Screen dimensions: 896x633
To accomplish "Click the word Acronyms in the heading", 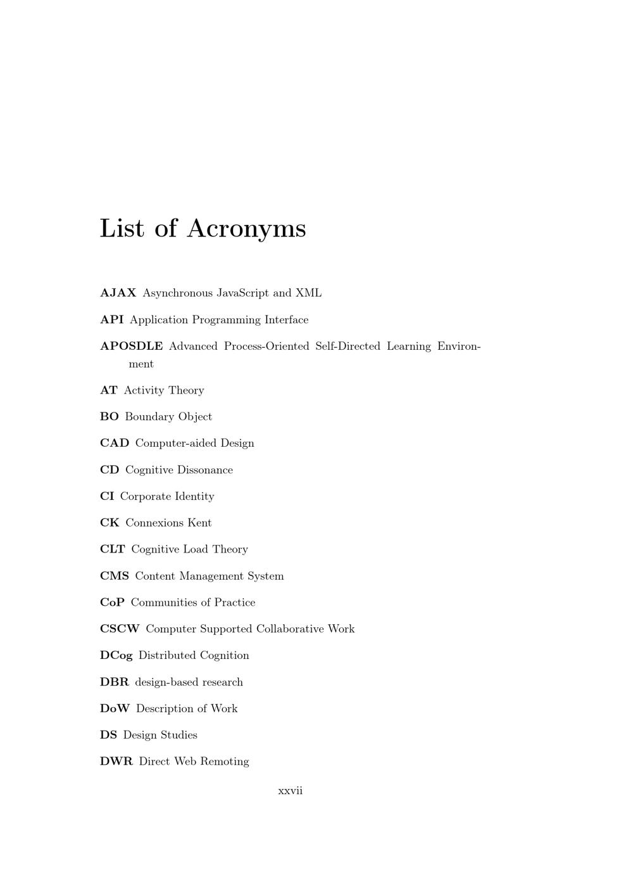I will pyautogui.click(x=246, y=229).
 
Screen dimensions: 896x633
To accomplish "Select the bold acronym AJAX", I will pyautogui.click(x=118, y=293).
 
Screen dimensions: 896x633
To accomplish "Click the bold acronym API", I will pyautogui.click(x=111, y=319).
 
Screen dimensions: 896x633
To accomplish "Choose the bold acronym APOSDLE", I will pyautogui.click(x=131, y=346).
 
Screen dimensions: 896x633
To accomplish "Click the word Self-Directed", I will pyautogui.click(x=348, y=346).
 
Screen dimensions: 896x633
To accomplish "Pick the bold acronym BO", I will pyautogui.click(x=109, y=416).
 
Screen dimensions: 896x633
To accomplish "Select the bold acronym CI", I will pyautogui.click(x=106, y=496).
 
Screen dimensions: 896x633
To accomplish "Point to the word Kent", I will pyautogui.click(x=199, y=523).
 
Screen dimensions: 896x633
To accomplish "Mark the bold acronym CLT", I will pyautogui.click(x=112, y=549).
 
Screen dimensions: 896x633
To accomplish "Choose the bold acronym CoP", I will pyautogui.click(x=112, y=603).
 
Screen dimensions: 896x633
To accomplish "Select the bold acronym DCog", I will pyautogui.click(x=116, y=655).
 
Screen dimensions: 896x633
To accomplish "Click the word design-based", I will pyautogui.click(x=162, y=682).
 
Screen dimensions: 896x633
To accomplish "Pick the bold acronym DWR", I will pyautogui.click(x=116, y=761).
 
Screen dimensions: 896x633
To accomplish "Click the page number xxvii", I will pyautogui.click(x=290, y=791).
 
